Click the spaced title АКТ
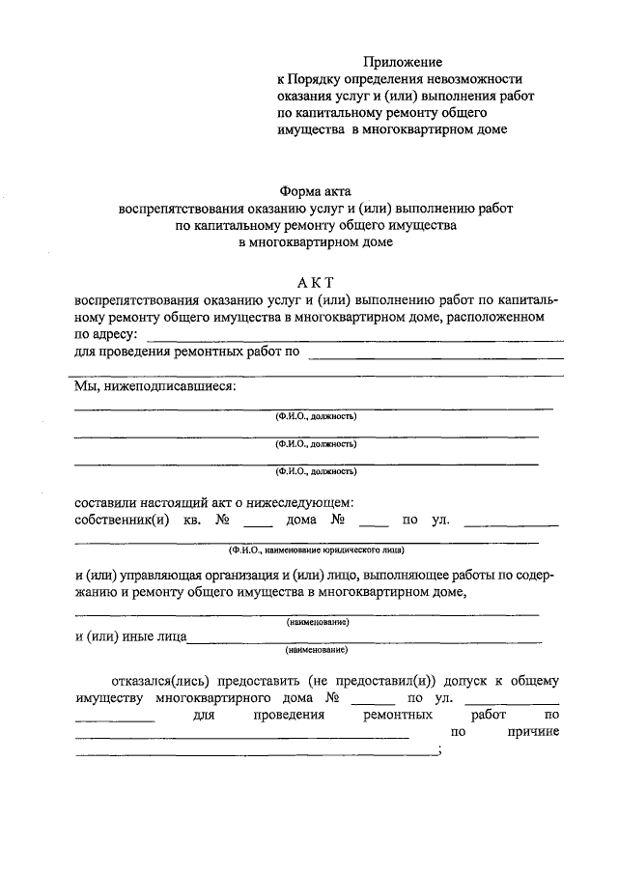(316, 282)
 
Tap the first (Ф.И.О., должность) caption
(316, 417)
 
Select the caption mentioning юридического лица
(316, 550)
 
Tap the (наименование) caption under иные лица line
(316, 651)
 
